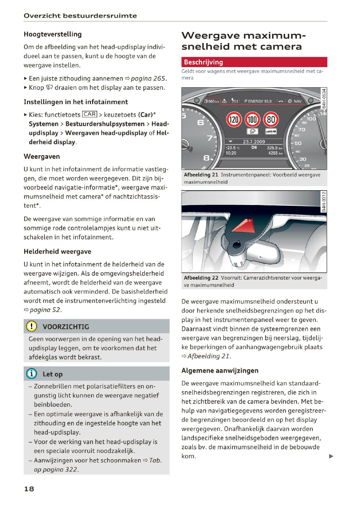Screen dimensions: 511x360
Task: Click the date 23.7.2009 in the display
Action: click(254, 142)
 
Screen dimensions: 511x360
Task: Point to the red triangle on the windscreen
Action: click(243, 226)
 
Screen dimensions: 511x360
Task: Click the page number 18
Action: click(29, 489)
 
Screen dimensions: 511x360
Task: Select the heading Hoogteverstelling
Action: click(53, 34)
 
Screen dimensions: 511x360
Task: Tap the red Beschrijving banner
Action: click(254, 62)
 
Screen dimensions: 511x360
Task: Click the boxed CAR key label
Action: click(89, 114)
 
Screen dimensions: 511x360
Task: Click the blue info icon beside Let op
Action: click(32, 374)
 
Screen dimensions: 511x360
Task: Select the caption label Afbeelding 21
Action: click(201, 175)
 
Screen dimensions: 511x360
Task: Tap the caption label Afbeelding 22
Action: click(201, 278)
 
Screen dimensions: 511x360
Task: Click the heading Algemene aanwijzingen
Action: click(220, 371)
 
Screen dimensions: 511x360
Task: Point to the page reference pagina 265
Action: click(149, 78)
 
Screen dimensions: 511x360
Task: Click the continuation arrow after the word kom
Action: click(331, 456)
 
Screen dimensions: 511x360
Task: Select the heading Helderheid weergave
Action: click(58, 251)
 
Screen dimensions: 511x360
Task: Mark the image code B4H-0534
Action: click(324, 98)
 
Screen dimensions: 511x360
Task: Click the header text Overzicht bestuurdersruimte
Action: click(80, 16)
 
